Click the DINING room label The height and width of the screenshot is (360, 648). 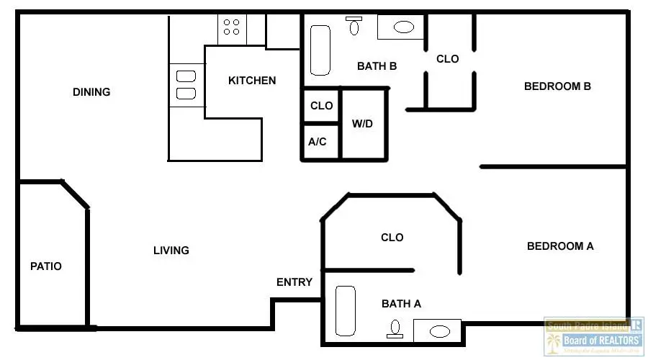[x=91, y=92]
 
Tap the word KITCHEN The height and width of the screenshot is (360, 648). [x=252, y=81]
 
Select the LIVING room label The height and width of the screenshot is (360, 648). [x=171, y=251]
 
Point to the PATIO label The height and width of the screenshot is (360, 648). [x=46, y=266]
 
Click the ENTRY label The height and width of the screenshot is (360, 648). [x=294, y=282]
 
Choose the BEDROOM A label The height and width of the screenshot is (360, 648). [x=560, y=246]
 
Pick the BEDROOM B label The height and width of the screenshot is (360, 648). [x=557, y=86]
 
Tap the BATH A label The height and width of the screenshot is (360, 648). [x=401, y=304]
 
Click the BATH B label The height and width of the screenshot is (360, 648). [x=377, y=66]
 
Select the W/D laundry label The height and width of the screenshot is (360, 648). [x=362, y=124]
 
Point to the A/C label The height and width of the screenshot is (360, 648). [x=318, y=142]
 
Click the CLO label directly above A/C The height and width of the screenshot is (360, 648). [x=321, y=106]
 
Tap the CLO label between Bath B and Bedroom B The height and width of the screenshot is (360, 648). [x=447, y=59]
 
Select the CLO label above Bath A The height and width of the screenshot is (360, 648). [x=392, y=237]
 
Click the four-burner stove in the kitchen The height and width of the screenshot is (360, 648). [x=232, y=27]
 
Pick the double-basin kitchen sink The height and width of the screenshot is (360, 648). [x=186, y=85]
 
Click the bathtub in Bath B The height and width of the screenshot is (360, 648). [x=320, y=50]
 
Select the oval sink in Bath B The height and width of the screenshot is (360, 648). [x=403, y=27]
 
